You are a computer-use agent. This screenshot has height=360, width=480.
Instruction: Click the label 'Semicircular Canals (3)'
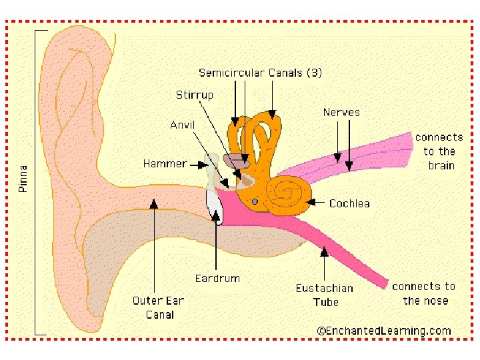pos(260,73)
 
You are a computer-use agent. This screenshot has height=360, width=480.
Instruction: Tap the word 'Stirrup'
pos(195,95)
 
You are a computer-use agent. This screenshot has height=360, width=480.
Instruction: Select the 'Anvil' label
pos(183,125)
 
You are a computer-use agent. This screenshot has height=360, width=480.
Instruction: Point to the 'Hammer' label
pos(165,163)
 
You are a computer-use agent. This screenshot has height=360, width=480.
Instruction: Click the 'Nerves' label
pos(341,112)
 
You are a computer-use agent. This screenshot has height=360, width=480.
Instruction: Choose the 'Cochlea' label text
pos(349,203)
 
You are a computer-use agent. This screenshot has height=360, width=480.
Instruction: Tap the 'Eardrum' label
pos(217,278)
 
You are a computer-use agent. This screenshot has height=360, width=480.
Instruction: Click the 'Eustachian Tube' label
pos(325,295)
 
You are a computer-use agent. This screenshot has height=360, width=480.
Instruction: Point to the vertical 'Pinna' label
pos(24,179)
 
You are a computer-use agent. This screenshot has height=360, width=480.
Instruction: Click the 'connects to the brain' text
pos(439,151)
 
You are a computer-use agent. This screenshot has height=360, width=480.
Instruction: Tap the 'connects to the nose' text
pos(424,293)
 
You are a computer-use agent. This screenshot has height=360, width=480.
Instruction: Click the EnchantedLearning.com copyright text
pos(384,330)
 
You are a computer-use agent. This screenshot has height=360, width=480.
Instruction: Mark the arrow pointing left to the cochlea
pos(316,203)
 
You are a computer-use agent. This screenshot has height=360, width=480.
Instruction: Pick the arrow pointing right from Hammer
pos(199,163)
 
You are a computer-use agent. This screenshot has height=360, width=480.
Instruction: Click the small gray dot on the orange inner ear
pos(255,201)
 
